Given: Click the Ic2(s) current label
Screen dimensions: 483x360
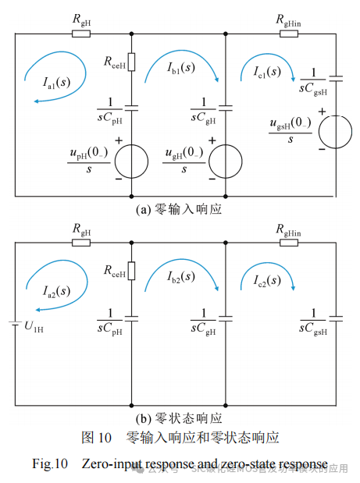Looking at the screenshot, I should [266, 280].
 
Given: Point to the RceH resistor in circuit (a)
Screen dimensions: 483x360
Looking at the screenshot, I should [131, 61].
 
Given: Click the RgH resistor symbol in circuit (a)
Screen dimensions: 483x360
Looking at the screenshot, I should [81, 34].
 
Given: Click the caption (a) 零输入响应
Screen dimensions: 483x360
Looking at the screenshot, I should [179, 209].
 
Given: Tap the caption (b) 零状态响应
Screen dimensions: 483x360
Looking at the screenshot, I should [179, 418].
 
